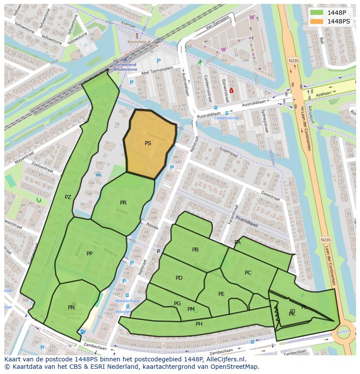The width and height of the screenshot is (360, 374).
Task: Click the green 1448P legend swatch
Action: point(317,13)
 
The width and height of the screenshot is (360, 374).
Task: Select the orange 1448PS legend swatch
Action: point(317,21)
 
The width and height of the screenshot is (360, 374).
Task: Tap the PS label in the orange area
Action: point(148,143)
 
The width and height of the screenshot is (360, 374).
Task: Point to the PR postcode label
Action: point(123,203)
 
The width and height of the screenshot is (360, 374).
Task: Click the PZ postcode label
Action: point(68,197)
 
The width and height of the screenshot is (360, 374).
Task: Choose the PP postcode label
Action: point(90,254)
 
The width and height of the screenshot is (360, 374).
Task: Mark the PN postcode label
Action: point(71,308)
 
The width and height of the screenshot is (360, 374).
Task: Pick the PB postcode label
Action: point(195,250)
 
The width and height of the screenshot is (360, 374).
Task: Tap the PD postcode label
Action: point(179,278)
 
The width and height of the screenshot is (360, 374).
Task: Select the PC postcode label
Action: point(248,273)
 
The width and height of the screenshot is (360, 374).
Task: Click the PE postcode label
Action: point(221,294)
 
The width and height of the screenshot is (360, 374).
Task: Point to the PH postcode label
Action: point(199,324)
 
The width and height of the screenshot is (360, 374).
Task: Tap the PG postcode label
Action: point(177,304)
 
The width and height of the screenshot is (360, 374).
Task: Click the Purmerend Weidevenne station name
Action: point(125,67)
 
